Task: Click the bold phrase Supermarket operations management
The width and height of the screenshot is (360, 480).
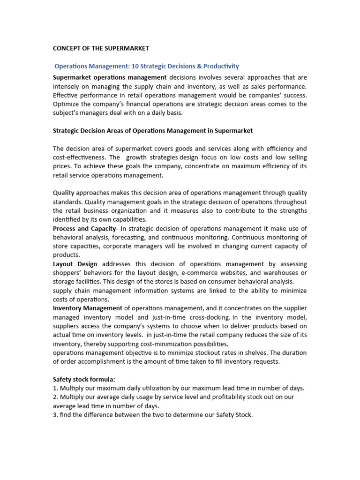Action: (x=110, y=77)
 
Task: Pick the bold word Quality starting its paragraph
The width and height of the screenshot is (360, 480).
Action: (x=64, y=193)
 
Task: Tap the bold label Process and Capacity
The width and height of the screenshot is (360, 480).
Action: (x=84, y=228)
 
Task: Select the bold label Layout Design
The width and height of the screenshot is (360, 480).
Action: (x=75, y=264)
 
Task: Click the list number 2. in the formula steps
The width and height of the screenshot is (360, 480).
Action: (x=55, y=397)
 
